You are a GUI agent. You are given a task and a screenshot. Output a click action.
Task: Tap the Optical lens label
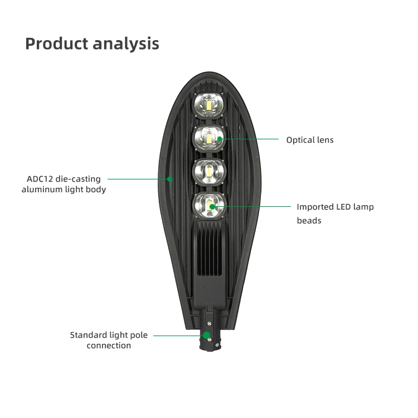pos(310,140)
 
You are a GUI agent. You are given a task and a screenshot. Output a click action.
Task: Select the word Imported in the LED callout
pos(315,207)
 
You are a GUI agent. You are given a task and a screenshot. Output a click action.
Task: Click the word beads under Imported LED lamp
pos(309,221)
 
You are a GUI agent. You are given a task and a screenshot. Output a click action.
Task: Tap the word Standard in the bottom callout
pos(86,335)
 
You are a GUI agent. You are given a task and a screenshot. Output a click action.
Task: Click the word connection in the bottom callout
pos(109,346)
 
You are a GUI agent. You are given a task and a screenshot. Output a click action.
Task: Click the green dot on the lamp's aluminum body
pos(171,179)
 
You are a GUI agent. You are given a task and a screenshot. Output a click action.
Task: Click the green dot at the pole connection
pos(207,336)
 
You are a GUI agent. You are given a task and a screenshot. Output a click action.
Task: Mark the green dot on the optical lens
pos(221,139)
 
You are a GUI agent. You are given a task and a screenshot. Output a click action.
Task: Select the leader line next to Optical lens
pos(251,139)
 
